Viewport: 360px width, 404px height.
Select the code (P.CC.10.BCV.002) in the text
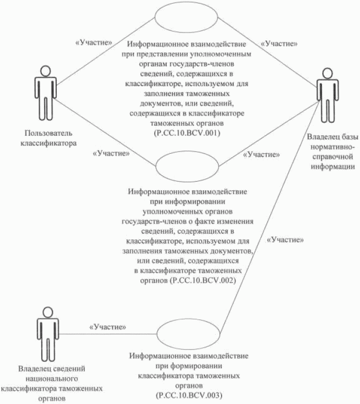202,281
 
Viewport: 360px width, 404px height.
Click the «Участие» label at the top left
94,43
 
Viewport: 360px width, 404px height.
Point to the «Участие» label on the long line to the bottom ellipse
285,240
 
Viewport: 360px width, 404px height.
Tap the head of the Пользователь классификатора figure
45,70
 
